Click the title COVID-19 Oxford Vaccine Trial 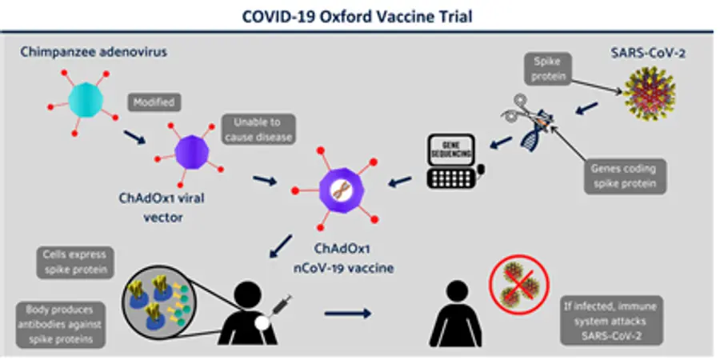358,17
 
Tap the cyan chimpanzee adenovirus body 86,100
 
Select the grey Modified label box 154,103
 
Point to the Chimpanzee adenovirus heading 94,52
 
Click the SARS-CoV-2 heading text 648,54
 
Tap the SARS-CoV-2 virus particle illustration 650,94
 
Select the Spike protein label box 547,69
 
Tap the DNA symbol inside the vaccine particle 341,190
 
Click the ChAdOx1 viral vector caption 162,207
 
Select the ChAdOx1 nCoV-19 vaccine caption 343,258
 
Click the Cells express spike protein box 75,262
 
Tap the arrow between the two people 348,314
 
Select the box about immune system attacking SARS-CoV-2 611,321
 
